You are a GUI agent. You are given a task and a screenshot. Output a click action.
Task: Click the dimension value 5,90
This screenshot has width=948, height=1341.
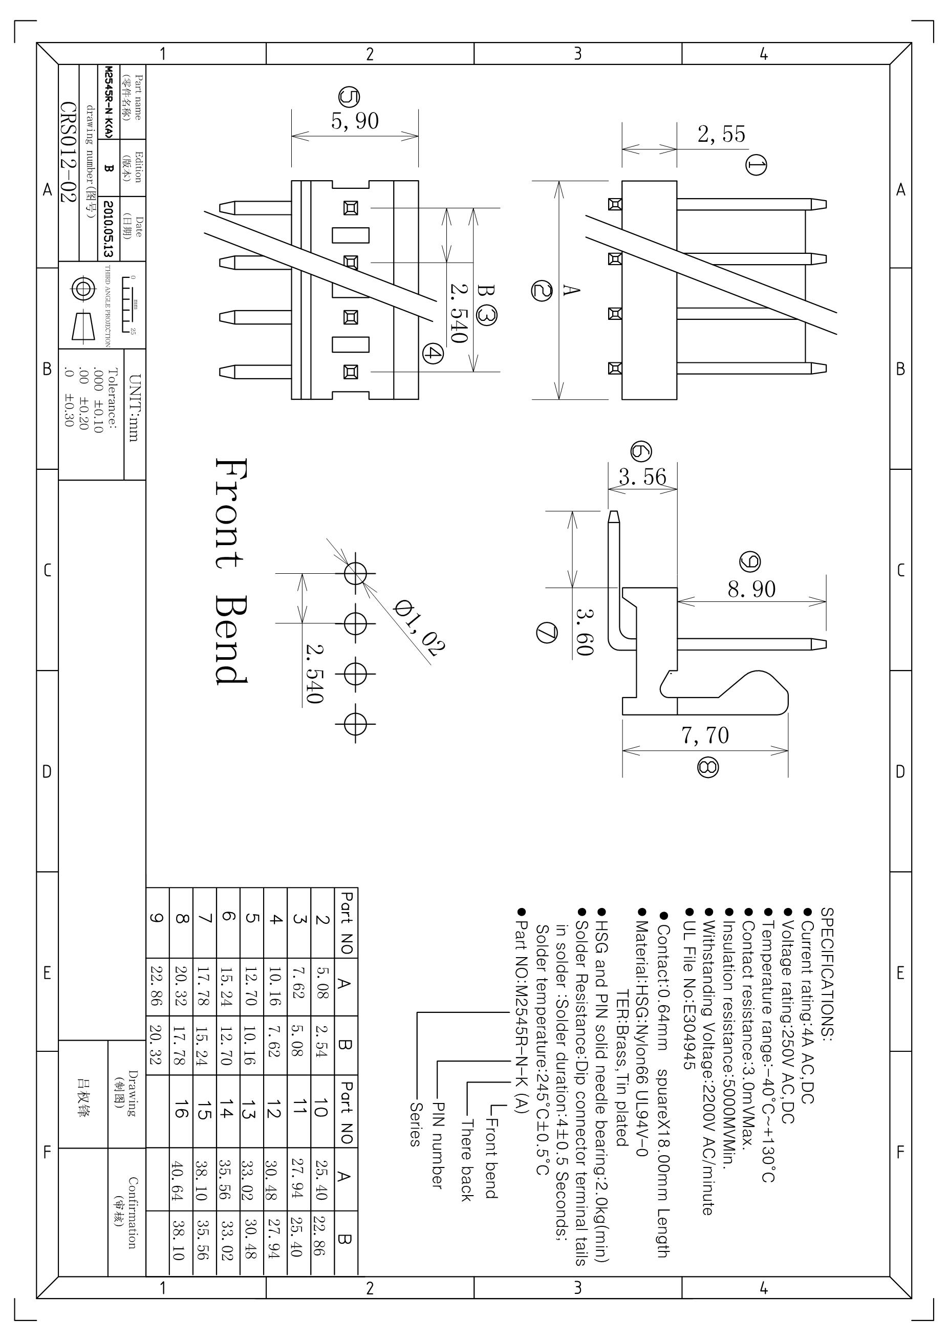tap(355, 121)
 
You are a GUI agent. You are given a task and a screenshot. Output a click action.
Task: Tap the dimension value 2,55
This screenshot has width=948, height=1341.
tap(721, 134)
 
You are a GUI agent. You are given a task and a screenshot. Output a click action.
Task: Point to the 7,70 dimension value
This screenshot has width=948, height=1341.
tap(705, 736)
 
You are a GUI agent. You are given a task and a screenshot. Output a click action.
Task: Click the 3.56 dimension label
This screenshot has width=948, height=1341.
tap(642, 477)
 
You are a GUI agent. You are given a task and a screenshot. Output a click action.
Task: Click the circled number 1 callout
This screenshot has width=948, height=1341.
tap(757, 165)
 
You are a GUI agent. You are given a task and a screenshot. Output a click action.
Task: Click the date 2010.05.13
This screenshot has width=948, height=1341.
tap(108, 229)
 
